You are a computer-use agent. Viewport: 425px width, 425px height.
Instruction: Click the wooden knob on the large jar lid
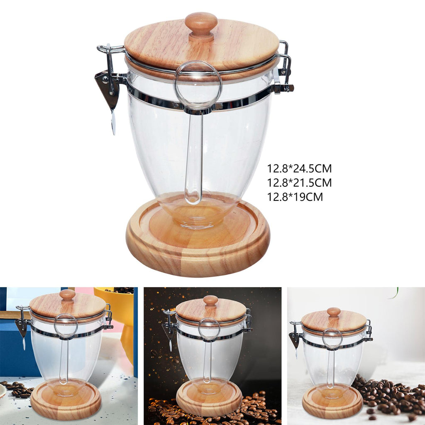coord(201,27)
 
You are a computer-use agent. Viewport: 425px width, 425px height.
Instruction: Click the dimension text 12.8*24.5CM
coord(300,169)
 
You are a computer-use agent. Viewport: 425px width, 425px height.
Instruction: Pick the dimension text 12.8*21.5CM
coord(300,183)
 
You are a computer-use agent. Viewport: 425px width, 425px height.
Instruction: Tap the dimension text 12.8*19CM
coord(295,197)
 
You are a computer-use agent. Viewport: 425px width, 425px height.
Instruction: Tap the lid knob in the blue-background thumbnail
coord(67,296)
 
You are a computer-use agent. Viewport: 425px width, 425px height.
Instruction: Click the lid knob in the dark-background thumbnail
coord(210,301)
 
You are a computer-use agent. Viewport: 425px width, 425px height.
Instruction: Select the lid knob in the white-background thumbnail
coord(334,313)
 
